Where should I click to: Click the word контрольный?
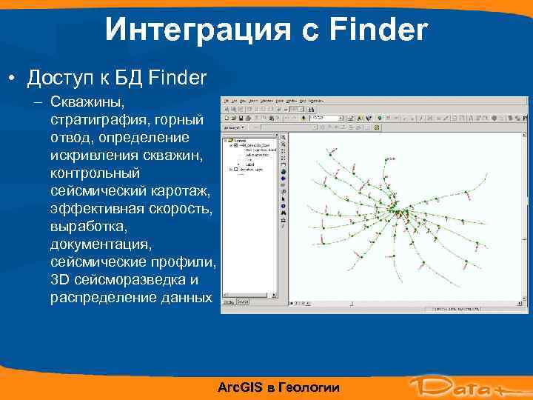(95, 173)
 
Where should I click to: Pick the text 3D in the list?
(59, 280)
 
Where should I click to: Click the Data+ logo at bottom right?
(462, 385)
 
